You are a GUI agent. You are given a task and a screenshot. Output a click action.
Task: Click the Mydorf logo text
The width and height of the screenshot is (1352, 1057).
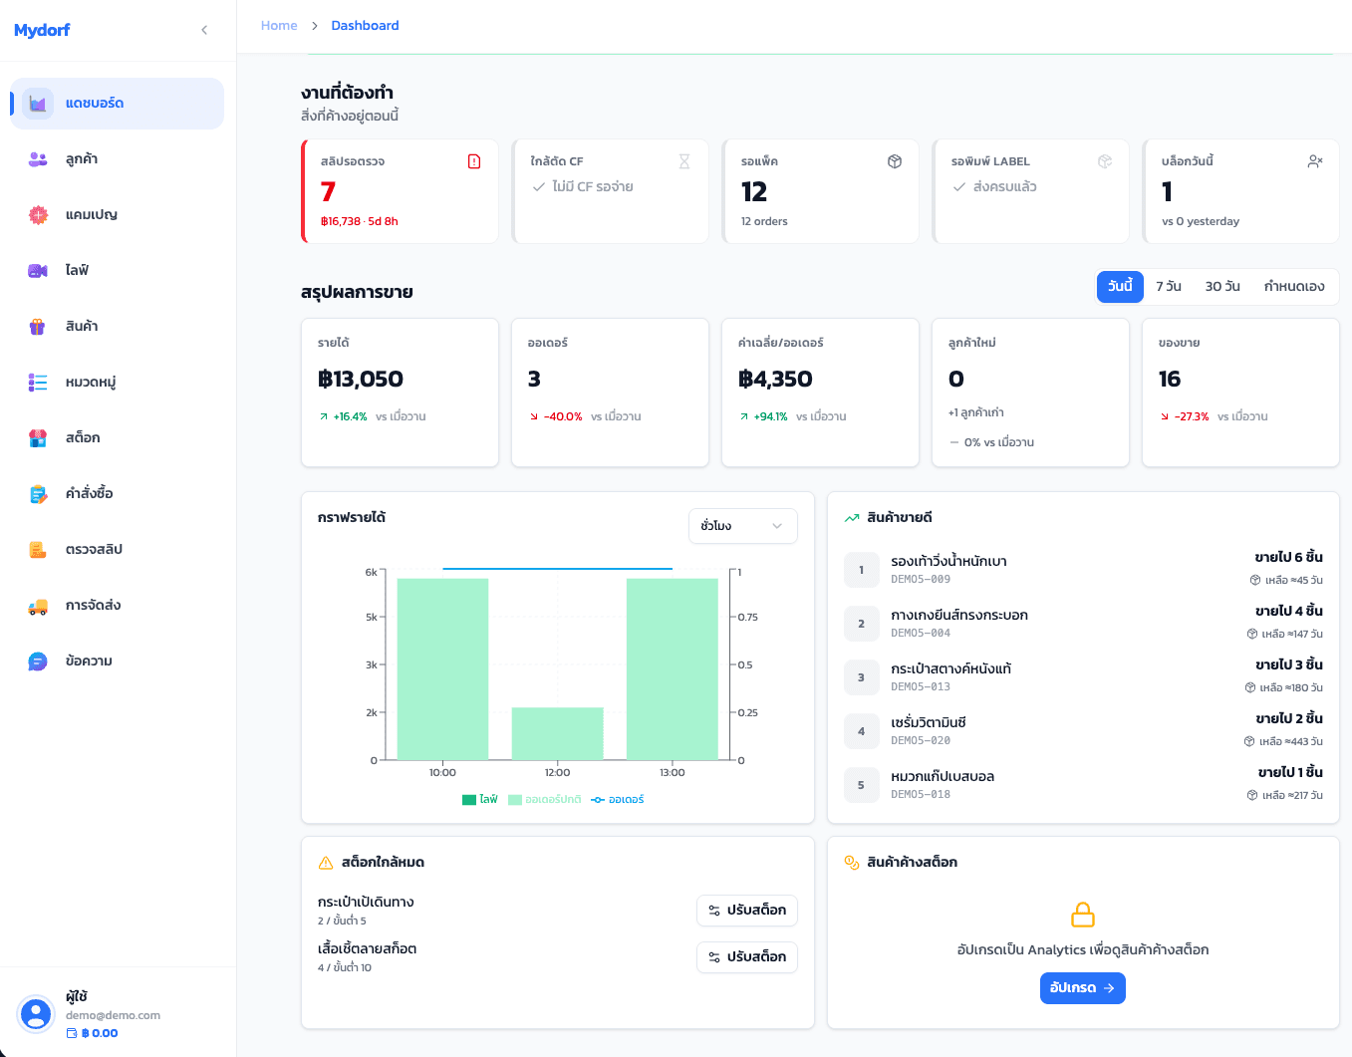click(x=42, y=30)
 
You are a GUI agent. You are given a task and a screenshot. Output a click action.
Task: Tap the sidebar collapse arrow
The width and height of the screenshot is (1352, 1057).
click(x=204, y=30)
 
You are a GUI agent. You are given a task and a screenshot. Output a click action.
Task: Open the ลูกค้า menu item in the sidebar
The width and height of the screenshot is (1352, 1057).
click(x=82, y=159)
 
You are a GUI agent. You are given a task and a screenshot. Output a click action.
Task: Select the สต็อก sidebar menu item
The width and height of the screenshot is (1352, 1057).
click(x=83, y=438)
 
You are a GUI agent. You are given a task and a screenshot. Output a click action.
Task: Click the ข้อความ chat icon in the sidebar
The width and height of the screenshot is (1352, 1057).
click(x=37, y=661)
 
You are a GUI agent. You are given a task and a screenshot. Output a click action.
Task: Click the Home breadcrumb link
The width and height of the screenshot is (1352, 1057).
click(x=279, y=26)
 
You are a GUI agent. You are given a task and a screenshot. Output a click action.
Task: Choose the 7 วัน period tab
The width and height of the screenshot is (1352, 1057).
click(x=1169, y=286)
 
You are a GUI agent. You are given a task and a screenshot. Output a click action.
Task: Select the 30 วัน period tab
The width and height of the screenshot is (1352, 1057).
click(x=1222, y=286)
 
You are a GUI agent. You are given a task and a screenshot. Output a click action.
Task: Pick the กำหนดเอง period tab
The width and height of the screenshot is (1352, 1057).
click(x=1294, y=286)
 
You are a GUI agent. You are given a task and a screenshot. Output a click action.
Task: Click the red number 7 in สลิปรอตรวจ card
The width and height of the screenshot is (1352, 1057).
click(x=328, y=191)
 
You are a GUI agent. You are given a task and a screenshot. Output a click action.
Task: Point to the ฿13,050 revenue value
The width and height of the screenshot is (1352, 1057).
click(x=361, y=379)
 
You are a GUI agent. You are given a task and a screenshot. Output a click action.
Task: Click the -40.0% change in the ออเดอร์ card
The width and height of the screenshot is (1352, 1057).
click(x=563, y=416)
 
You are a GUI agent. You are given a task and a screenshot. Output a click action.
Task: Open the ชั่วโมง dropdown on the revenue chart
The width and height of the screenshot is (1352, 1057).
click(x=742, y=526)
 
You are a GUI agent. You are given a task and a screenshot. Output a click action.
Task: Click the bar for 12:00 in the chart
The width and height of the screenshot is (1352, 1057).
click(x=557, y=733)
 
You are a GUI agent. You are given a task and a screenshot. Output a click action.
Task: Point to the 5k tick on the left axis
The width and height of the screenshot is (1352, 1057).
click(x=371, y=617)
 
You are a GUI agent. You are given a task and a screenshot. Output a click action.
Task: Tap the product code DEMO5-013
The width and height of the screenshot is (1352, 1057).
click(x=921, y=686)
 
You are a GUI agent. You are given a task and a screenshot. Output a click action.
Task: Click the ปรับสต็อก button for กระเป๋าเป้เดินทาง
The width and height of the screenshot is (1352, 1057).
click(x=746, y=911)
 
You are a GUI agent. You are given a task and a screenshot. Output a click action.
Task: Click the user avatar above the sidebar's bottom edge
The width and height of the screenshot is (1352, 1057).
click(x=36, y=1014)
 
